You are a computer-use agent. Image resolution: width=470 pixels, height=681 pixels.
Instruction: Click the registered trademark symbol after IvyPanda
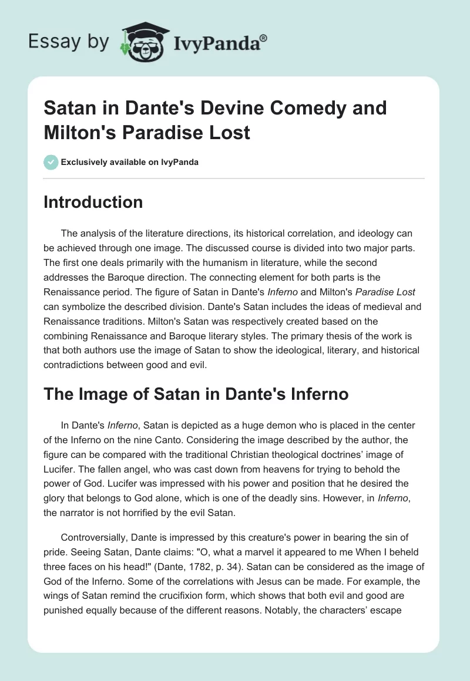pos(264,38)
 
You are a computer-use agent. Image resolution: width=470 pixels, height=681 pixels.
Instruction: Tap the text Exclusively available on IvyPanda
pos(129,163)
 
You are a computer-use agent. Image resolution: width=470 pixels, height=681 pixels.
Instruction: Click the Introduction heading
pos(93,202)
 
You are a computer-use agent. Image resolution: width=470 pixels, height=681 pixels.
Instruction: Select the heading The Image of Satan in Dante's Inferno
pos(196,395)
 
